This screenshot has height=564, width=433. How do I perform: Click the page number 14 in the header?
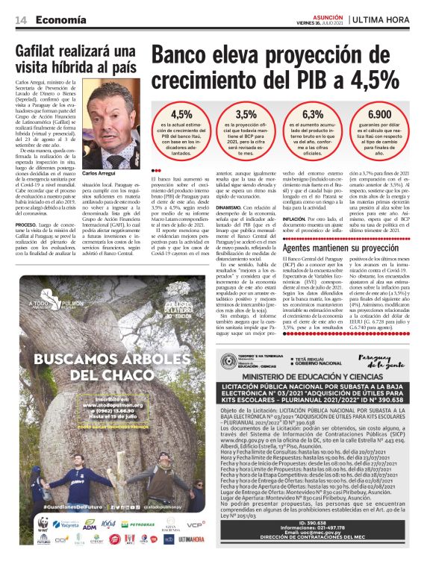[x=21, y=19]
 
